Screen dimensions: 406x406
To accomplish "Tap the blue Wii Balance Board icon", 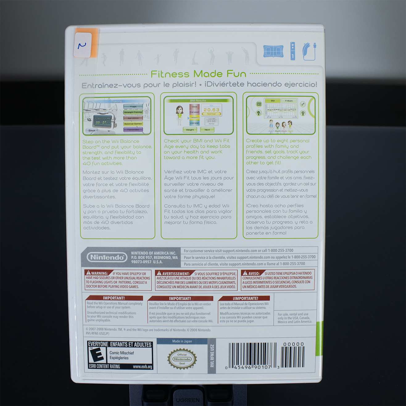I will (x=273, y=51).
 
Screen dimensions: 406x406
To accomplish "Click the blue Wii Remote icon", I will (x=292, y=51).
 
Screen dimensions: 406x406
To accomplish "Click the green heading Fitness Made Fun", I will (x=198, y=74).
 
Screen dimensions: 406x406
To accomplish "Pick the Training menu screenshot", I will (x=117, y=116).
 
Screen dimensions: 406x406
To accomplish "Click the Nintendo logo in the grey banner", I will (x=107, y=257).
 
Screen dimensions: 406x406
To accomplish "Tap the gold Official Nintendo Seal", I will (x=182, y=359).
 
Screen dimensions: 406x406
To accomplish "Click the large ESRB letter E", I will (x=96, y=355).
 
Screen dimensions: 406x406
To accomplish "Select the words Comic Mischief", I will (x=122, y=353).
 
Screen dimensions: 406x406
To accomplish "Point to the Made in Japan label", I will (x=182, y=341).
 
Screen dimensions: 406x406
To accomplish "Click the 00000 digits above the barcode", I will (x=293, y=344).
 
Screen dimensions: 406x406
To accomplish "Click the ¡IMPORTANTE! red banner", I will (x=245, y=298).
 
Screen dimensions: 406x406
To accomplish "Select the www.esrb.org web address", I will (x=142, y=367).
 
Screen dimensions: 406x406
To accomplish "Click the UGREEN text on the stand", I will (x=188, y=400).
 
